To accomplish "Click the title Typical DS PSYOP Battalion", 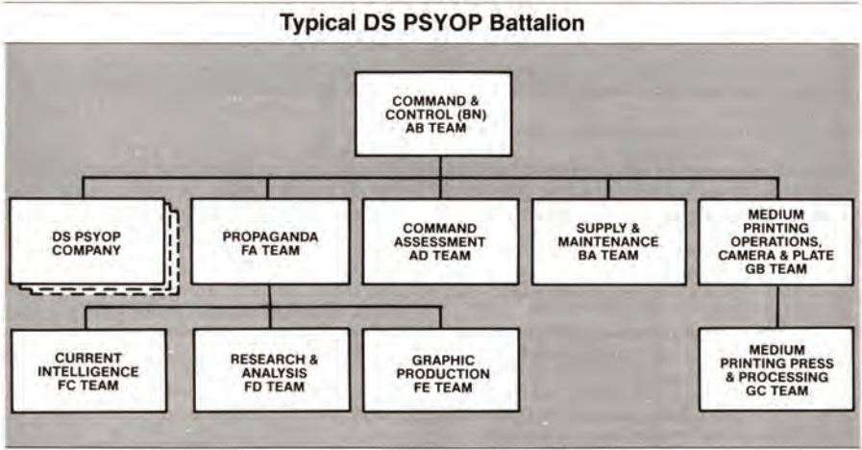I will click(x=431, y=23).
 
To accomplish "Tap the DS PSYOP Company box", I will click(x=86, y=242).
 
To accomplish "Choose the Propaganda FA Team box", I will click(x=270, y=242).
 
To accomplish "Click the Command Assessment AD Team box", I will click(x=440, y=242).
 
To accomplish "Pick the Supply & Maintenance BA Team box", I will click(x=608, y=242).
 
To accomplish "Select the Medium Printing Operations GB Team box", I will click(x=776, y=242).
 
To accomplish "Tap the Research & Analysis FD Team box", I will click(x=271, y=371).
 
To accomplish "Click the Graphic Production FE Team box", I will click(x=441, y=371).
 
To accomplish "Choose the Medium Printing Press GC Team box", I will click(x=776, y=369).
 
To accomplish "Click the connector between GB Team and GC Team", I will click(x=776, y=306).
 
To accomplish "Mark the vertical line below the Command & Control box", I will click(x=440, y=166).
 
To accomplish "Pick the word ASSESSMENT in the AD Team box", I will click(x=440, y=242).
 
